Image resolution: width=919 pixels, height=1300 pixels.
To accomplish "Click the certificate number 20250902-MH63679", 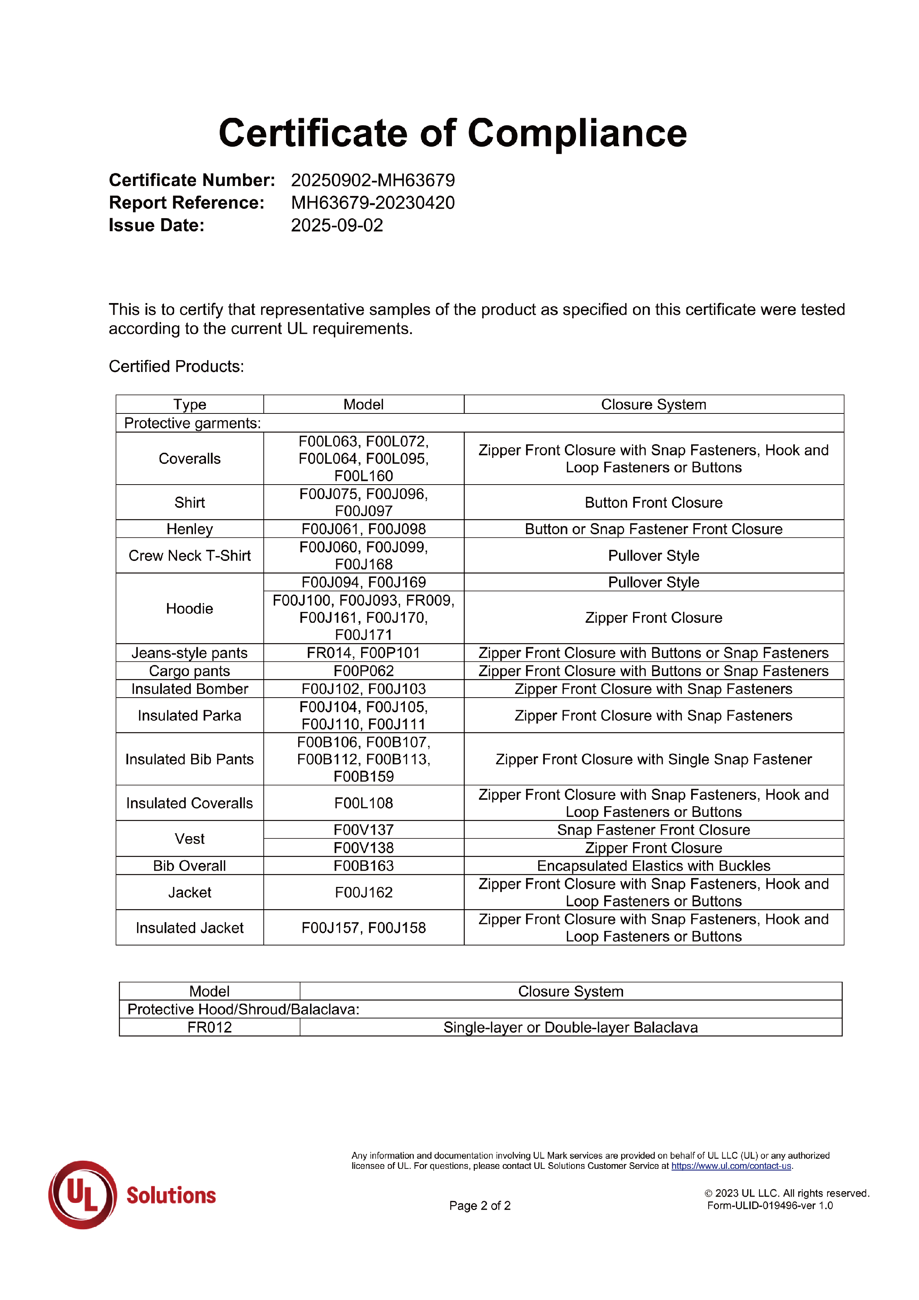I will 373,180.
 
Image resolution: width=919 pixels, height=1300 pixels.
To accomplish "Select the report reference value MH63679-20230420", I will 373,203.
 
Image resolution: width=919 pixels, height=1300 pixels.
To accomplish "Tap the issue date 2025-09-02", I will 337,225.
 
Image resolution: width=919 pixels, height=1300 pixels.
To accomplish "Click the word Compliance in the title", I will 577,134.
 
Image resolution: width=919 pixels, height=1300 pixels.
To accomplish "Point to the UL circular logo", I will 83,1195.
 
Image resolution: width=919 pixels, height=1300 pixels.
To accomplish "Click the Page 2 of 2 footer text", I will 480,1206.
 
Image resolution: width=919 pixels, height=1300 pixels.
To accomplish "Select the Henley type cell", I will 190,529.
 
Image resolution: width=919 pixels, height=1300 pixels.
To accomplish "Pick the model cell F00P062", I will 363,671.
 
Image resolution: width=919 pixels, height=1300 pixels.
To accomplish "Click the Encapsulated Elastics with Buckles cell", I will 653,866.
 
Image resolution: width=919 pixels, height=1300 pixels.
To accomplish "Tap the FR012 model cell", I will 210,1027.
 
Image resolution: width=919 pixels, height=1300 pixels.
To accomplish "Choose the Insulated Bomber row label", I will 190,689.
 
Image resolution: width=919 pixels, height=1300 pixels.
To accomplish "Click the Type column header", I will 190,404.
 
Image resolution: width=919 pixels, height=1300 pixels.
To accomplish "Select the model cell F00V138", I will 363,848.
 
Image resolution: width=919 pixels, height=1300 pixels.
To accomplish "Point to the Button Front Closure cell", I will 653,503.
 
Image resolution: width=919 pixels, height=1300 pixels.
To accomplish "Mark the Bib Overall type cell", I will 190,866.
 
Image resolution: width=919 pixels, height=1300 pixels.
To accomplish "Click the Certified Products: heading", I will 176,366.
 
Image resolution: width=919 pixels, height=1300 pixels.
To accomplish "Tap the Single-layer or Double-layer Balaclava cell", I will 570,1027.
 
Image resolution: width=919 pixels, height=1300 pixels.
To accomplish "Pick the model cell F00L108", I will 363,803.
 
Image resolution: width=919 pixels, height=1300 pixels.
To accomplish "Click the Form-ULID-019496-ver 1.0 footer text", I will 769,1206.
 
